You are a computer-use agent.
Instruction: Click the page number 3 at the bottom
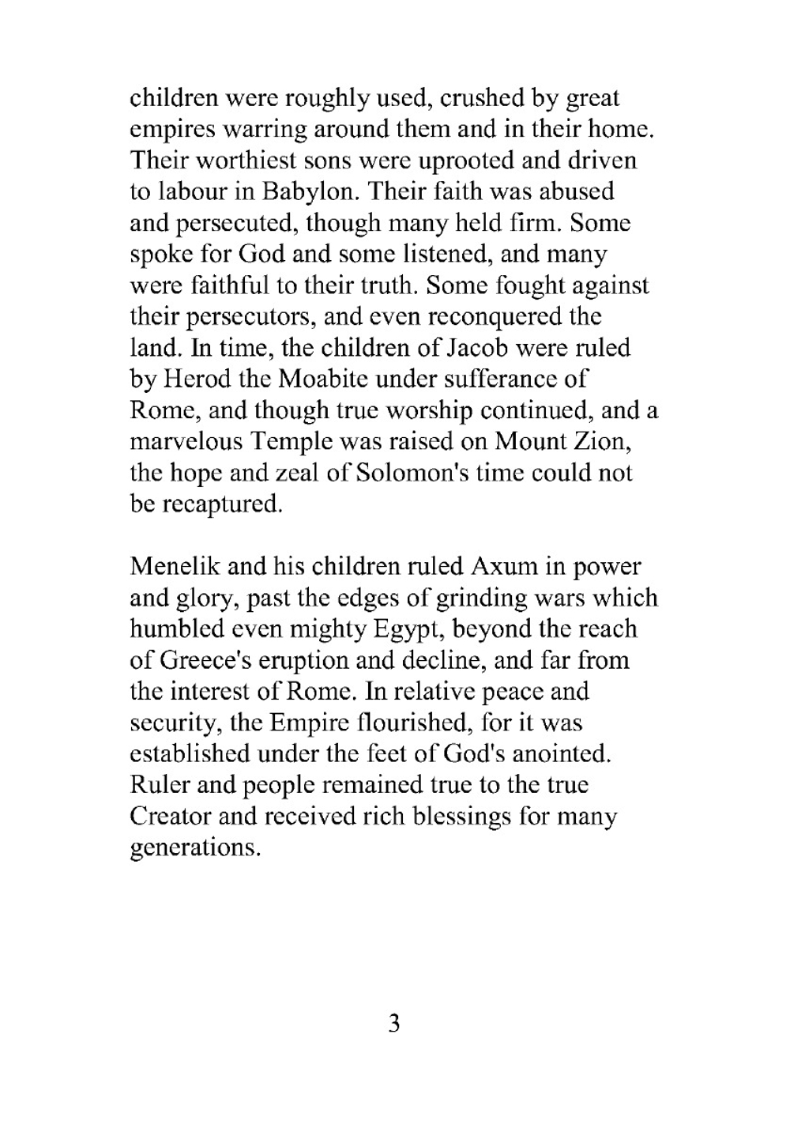click(394, 1025)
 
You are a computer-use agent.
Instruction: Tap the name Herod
click(197, 379)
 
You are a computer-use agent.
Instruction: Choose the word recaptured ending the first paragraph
click(222, 504)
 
